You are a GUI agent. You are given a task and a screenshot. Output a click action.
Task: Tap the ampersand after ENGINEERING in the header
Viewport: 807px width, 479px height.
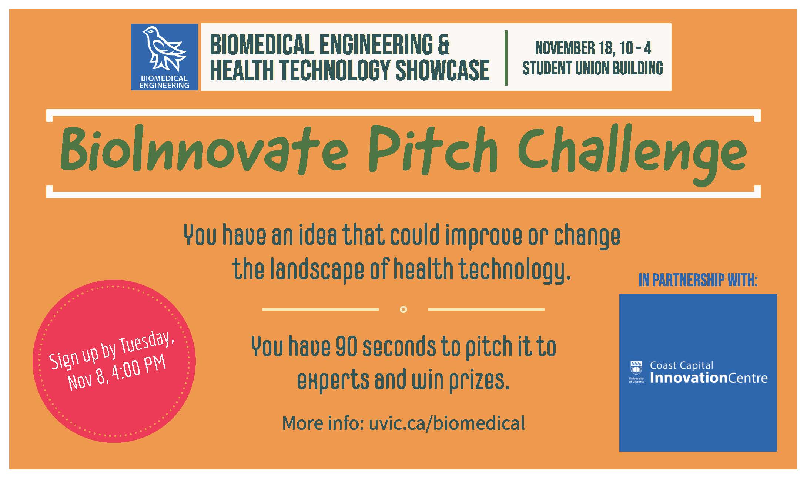(443, 44)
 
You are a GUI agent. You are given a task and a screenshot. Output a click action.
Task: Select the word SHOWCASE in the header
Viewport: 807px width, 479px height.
(443, 70)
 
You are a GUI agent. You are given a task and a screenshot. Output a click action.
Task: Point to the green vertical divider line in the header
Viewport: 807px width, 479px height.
(506, 58)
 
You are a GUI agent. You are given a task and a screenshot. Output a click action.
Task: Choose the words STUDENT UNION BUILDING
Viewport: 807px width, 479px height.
(593, 68)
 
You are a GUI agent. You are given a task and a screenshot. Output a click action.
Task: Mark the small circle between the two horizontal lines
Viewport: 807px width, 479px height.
(403, 309)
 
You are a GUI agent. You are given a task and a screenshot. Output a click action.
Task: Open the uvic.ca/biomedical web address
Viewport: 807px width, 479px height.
(447, 423)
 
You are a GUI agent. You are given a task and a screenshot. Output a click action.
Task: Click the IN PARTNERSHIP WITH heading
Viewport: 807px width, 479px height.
(698, 280)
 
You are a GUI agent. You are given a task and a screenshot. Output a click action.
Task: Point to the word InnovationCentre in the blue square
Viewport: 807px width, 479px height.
(709, 378)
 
